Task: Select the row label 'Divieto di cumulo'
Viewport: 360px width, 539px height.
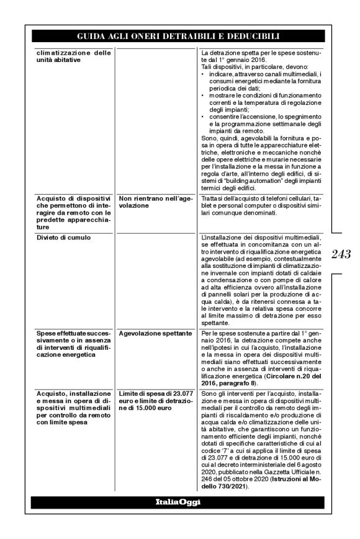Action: coord(63,238)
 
